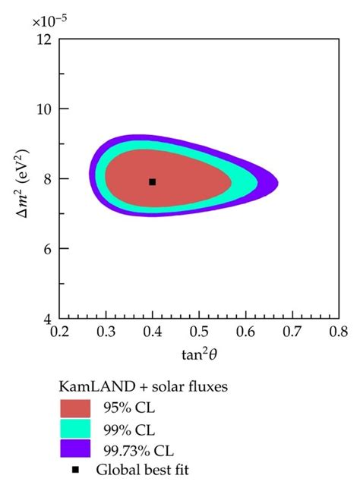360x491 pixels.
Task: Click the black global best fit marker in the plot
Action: (x=153, y=181)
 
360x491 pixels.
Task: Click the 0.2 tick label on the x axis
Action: (x=60, y=332)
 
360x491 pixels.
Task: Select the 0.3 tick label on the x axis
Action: (x=106, y=332)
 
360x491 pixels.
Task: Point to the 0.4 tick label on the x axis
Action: (x=153, y=332)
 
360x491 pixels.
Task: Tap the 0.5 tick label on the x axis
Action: (x=199, y=332)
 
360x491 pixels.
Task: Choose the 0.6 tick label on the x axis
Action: (x=245, y=332)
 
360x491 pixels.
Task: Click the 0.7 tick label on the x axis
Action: (x=292, y=332)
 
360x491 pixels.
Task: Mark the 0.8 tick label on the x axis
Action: (x=338, y=332)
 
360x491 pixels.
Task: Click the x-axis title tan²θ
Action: (x=199, y=354)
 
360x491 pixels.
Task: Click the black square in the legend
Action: (x=75, y=470)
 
